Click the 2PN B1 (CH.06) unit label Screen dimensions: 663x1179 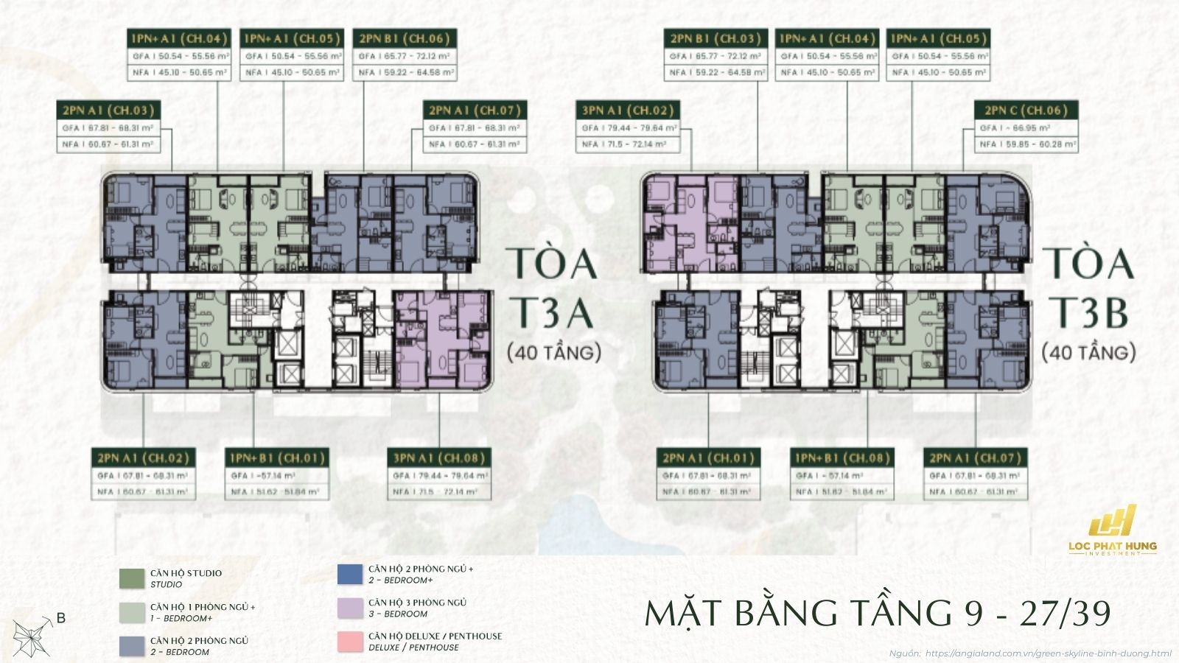[x=404, y=38]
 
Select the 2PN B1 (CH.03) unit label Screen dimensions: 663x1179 [x=715, y=38]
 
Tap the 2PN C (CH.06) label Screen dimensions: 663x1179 [x=1026, y=110]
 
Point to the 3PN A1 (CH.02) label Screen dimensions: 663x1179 [x=628, y=110]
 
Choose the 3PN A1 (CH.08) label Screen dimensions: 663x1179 [x=439, y=458]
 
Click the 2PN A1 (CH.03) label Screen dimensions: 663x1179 [x=108, y=110]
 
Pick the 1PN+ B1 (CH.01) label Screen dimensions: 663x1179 [x=277, y=458]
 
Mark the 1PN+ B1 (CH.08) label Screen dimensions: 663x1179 [x=842, y=458]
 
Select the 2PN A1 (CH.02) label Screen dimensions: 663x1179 [x=143, y=458]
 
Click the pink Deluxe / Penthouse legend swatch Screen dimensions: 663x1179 [x=350, y=642]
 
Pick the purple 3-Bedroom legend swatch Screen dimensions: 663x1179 [x=350, y=608]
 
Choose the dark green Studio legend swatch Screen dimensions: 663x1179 [x=132, y=578]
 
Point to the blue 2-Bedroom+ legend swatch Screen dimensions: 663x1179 [x=350, y=574]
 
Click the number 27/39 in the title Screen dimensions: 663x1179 [x=1065, y=613]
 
